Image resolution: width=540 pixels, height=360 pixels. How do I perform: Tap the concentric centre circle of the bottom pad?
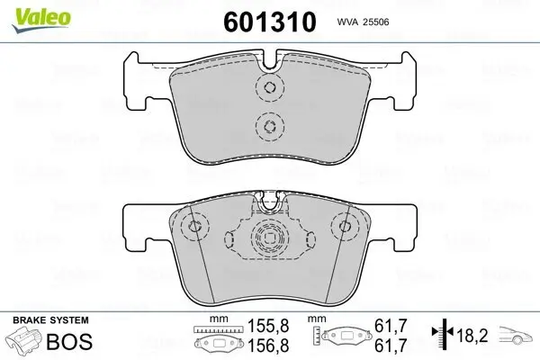coord(268,239)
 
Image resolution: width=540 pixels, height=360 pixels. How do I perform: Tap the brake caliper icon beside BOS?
coord(26,342)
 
